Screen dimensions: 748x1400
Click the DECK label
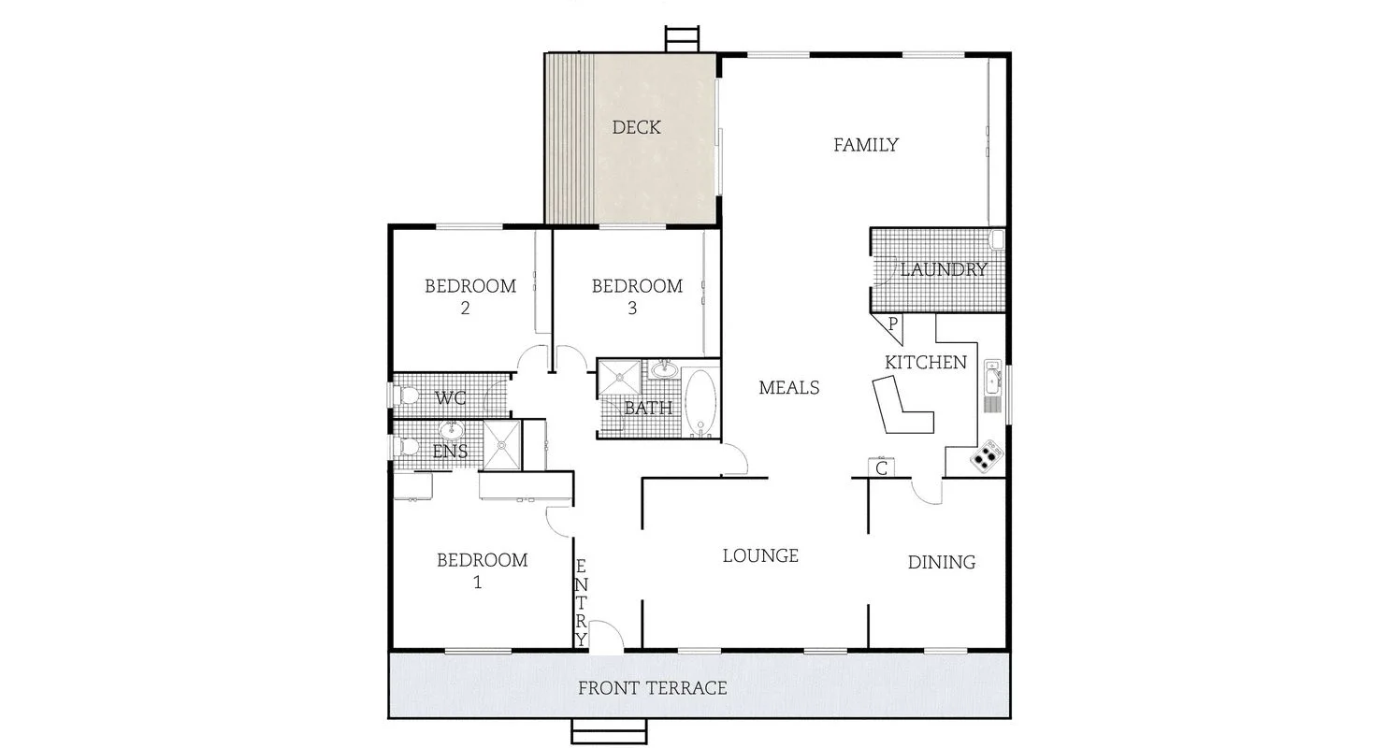tap(636, 127)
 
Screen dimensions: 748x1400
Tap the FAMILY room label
tap(866, 145)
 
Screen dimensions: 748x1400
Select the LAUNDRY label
tap(944, 269)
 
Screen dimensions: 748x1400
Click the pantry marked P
tap(891, 325)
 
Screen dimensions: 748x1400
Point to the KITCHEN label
tap(926, 362)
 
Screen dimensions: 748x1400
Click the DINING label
tap(942, 562)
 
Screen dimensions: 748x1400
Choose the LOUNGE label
tap(760, 555)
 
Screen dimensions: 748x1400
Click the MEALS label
tap(789, 387)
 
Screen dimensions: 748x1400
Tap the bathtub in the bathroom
tap(700, 403)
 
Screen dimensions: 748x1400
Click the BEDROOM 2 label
tap(470, 296)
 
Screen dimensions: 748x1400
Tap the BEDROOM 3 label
tap(637, 296)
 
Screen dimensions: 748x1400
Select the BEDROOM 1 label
tap(482, 570)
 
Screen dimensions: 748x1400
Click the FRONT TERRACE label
tap(652, 689)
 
